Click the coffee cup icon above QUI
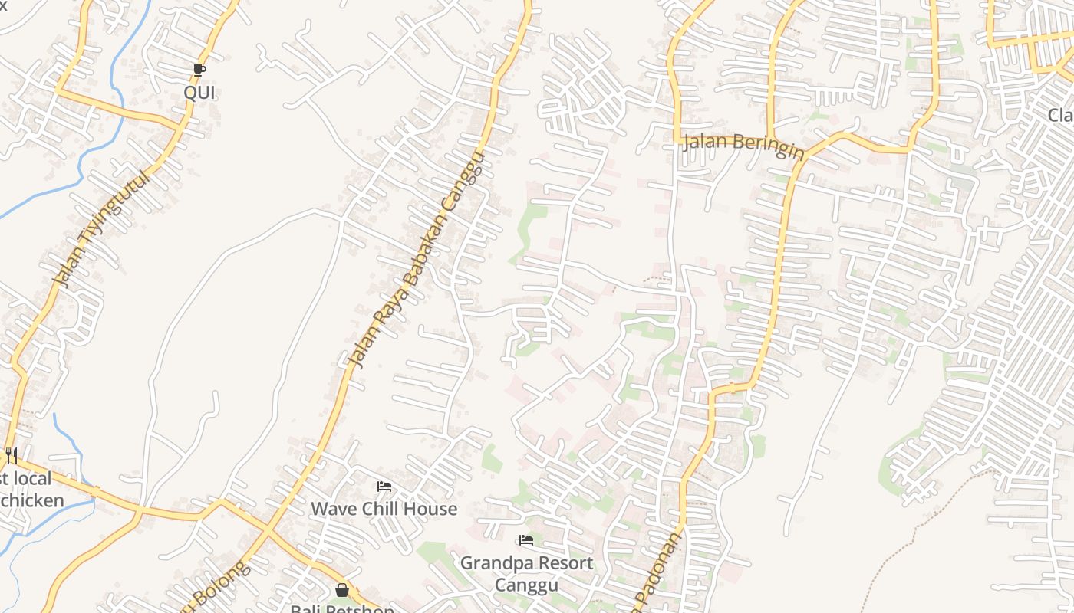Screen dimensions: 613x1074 click(199, 70)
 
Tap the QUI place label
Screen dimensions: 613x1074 click(199, 93)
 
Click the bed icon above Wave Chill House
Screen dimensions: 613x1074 click(384, 487)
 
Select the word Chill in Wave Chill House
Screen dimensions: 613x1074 click(384, 509)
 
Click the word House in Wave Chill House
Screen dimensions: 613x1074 click(433, 509)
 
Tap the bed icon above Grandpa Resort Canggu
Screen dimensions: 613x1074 click(526, 540)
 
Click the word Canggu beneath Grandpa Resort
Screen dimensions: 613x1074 click(526, 585)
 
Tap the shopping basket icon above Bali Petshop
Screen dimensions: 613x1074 click(342, 590)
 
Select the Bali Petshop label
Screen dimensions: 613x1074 click(342, 608)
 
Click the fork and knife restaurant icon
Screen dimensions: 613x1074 click(11, 456)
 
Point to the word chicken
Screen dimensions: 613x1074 click(32, 501)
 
